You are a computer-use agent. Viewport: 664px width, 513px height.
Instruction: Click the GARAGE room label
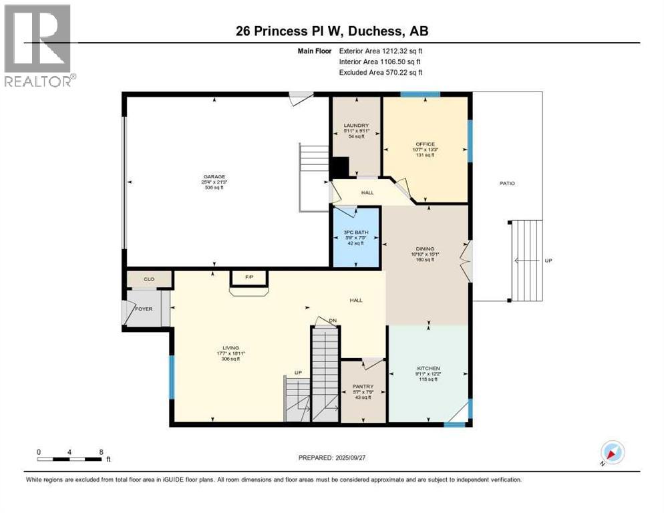click(x=214, y=177)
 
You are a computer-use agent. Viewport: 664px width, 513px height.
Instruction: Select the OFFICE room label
click(x=425, y=144)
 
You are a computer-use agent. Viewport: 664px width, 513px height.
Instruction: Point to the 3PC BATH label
click(x=356, y=232)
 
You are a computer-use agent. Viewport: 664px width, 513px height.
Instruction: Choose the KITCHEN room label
click(x=428, y=368)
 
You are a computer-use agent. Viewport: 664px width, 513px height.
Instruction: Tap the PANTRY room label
click(x=363, y=387)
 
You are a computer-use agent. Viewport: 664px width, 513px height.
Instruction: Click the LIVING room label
click(x=230, y=348)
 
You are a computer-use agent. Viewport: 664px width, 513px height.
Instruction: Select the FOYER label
click(x=144, y=309)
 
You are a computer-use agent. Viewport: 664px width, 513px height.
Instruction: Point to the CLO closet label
click(x=149, y=279)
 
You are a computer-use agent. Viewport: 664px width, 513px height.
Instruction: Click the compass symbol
click(x=612, y=453)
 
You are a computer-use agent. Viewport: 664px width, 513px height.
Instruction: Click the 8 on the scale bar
click(x=100, y=452)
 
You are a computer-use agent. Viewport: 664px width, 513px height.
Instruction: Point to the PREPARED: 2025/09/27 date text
click(x=335, y=458)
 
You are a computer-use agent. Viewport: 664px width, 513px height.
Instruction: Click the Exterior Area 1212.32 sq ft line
click(x=381, y=51)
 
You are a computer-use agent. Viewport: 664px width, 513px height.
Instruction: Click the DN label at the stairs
click(x=332, y=321)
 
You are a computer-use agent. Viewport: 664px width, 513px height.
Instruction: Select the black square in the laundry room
click(x=340, y=166)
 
